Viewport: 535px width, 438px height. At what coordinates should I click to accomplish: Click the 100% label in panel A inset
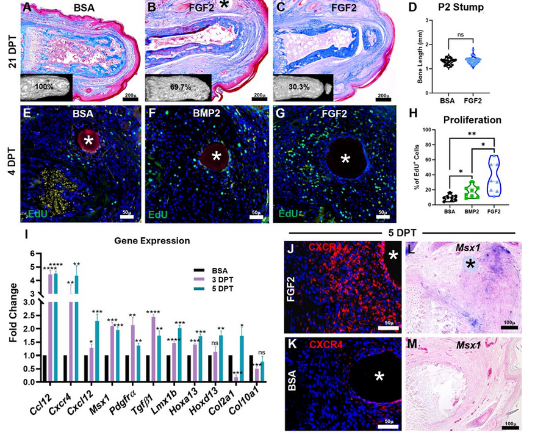45,86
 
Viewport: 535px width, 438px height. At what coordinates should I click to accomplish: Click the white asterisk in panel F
216,157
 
